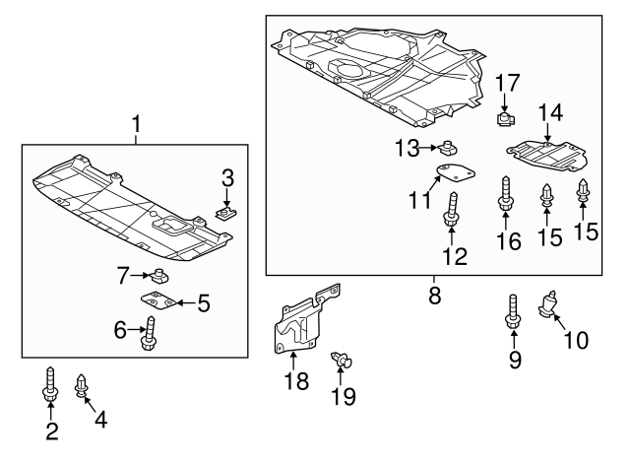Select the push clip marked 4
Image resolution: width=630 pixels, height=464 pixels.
(82, 385)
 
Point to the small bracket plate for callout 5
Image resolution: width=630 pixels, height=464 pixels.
(159, 300)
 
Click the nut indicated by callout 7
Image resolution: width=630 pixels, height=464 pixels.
(157, 275)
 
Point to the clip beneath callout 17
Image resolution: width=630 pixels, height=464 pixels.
(505, 120)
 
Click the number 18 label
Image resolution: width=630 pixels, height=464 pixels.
(292, 380)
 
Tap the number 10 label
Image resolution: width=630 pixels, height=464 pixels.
(575, 341)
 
